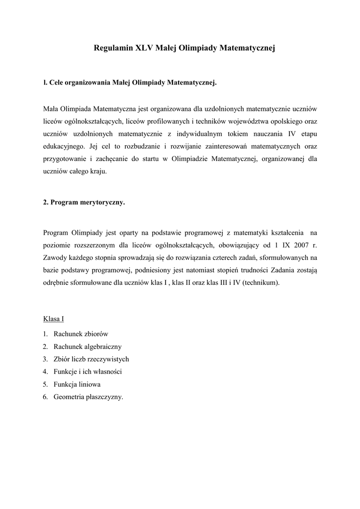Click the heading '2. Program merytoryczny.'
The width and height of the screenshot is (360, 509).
[84, 202]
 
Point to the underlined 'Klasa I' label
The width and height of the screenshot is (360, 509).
[54, 319]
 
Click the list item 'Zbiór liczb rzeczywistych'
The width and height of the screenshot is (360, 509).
[91, 359]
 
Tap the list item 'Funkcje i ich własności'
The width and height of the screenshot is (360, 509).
[88, 371]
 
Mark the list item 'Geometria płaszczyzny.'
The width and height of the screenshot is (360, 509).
[88, 397]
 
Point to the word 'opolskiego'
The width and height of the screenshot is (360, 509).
[286, 121]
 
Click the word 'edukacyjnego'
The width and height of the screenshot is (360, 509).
[63, 147]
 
